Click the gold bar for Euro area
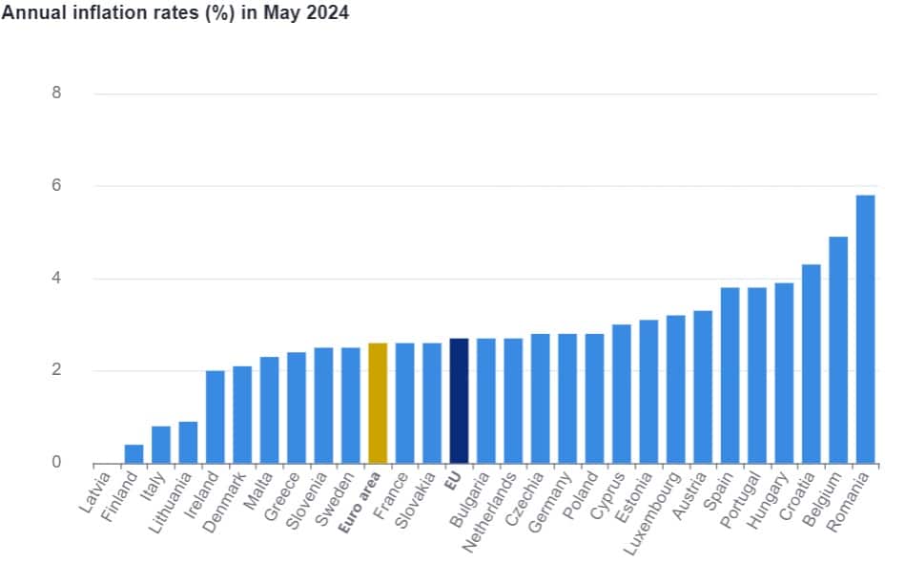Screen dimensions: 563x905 (x=378, y=403)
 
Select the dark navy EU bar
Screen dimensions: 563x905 (x=459, y=401)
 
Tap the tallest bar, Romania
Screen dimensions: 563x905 (x=865, y=329)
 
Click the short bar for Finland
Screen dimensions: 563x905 (x=134, y=454)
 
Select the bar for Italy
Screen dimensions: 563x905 (x=161, y=445)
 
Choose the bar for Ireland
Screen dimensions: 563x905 (x=216, y=417)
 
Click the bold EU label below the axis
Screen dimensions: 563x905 (x=454, y=479)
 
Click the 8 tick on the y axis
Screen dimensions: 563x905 (x=56, y=94)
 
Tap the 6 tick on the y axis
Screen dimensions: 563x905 (x=56, y=186)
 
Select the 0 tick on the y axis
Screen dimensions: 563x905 (x=56, y=463)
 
